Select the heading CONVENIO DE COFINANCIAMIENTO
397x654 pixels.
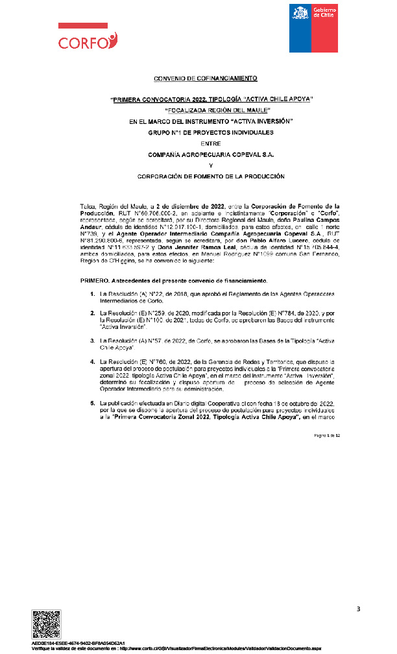click(205, 79)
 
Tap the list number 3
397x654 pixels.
click(91, 339)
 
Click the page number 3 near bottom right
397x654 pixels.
click(357, 608)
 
